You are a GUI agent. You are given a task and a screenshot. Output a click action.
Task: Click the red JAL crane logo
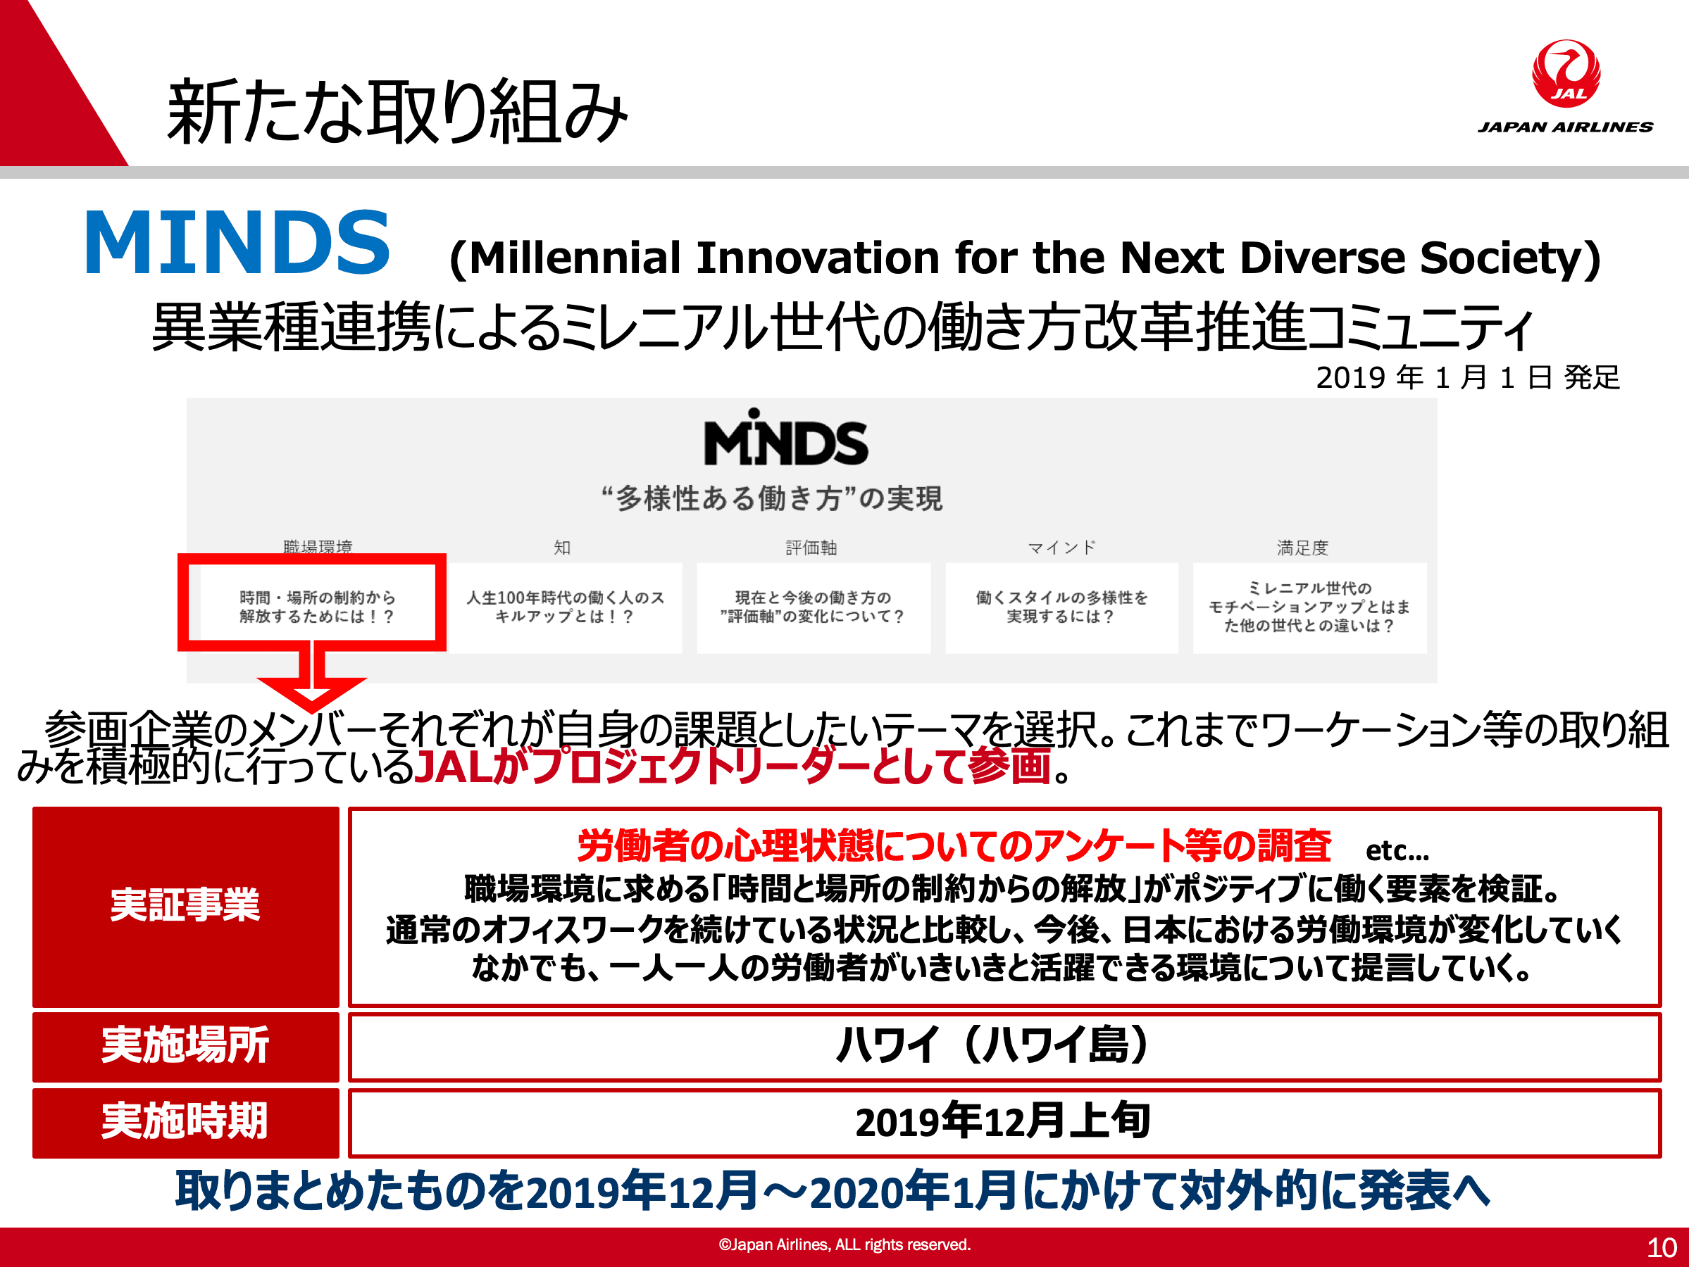[1566, 73]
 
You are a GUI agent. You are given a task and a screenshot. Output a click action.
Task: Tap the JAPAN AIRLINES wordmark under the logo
[1565, 127]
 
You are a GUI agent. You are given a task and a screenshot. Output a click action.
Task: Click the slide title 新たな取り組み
[397, 112]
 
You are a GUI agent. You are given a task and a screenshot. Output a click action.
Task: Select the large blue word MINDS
[237, 242]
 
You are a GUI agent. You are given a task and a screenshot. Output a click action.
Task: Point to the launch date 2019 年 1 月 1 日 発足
[1468, 377]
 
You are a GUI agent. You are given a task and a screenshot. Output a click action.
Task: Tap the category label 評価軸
[811, 547]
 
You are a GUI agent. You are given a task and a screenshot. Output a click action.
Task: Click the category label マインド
[1061, 547]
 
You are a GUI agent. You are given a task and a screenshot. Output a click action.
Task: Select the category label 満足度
[1302, 547]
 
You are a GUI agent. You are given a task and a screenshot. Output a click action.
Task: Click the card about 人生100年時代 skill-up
[565, 607]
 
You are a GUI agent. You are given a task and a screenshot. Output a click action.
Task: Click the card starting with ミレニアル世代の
[1309, 607]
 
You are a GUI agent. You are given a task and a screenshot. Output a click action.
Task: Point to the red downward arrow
[311, 676]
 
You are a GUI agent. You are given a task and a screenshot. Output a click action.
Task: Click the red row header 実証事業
[185, 906]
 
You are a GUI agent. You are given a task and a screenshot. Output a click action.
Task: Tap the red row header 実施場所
[185, 1047]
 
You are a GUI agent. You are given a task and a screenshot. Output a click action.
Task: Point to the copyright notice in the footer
[844, 1245]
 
